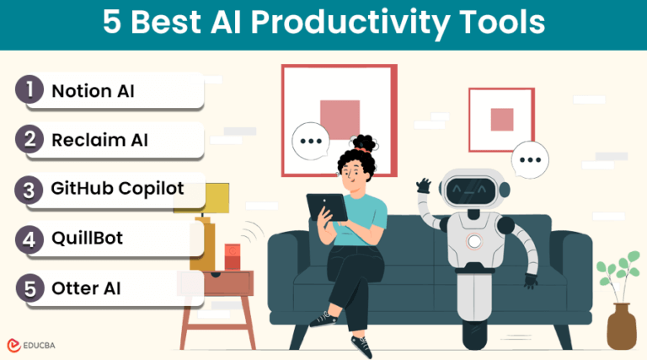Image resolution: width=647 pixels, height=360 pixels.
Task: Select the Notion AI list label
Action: coord(93,91)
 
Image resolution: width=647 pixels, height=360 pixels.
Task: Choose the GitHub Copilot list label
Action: coord(117,188)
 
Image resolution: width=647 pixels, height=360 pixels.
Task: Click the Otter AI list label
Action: coord(87,287)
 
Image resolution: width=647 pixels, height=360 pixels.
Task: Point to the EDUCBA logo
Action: coord(39,344)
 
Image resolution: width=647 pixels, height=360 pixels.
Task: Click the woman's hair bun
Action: coord(364,142)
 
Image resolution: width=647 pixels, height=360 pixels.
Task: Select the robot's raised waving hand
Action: coord(424,184)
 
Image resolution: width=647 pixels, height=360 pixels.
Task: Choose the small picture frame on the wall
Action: coord(501,119)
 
